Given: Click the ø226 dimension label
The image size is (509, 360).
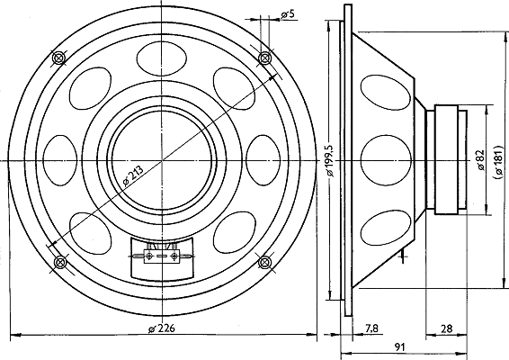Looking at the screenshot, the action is click(161, 328).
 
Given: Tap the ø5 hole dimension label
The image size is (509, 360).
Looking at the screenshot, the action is click(288, 14).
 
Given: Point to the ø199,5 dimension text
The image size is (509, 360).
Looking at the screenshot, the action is click(330, 160).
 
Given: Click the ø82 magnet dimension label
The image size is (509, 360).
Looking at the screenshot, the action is click(481, 160).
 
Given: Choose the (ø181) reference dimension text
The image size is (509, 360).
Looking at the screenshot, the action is click(498, 161).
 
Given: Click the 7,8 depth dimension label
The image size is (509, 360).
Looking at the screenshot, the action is click(371, 328).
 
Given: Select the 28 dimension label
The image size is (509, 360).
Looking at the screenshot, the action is click(446, 328).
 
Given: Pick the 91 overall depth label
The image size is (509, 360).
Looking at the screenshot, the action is click(399, 347).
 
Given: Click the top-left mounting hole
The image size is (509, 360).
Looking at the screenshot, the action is click(58, 58).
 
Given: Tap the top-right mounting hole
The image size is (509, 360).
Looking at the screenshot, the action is click(265, 58).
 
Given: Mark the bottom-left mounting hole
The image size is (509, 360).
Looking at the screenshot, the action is click(59, 262).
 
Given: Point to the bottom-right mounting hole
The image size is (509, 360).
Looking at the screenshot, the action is click(265, 262).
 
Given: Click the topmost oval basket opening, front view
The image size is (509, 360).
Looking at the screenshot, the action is click(162, 58).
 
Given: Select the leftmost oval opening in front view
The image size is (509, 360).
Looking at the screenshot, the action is click(60, 160).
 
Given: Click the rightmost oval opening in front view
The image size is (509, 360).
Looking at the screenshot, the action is click(263, 160).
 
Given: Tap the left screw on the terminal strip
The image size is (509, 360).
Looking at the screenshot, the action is click(149, 256).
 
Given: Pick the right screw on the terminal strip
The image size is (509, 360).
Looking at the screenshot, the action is click(175, 256).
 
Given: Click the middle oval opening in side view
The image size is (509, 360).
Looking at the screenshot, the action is click(386, 160).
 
